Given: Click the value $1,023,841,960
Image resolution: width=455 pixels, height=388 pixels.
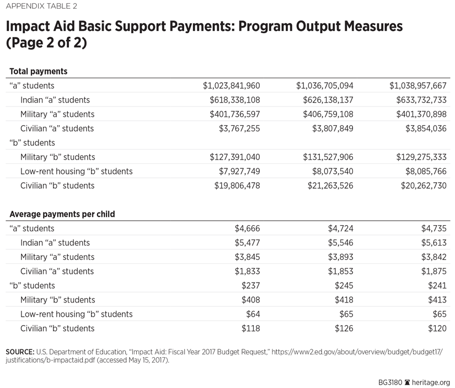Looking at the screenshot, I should coord(232,86).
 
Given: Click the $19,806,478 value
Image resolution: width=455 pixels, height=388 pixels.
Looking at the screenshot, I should coord(237,185).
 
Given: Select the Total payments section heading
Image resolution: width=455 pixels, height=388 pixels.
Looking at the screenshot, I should coord(39,72).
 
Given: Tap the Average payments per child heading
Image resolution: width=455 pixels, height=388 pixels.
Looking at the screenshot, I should coord(62,214).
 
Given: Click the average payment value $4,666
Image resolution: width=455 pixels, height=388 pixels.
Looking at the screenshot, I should coord(248,228).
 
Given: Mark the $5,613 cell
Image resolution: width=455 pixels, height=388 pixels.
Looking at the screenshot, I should coord(435,243).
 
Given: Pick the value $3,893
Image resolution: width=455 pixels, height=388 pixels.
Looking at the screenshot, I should coord(341,257).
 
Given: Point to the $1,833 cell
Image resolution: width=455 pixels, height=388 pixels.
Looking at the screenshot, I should coord(248,272).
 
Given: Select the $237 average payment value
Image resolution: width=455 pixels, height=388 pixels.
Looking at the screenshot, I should coord(251,285).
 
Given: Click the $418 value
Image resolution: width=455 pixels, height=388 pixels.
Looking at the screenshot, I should coord(345,300).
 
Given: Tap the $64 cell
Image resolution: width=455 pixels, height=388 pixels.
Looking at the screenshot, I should coord(253,314).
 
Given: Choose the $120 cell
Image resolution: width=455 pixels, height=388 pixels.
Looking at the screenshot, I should coord(438,328).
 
